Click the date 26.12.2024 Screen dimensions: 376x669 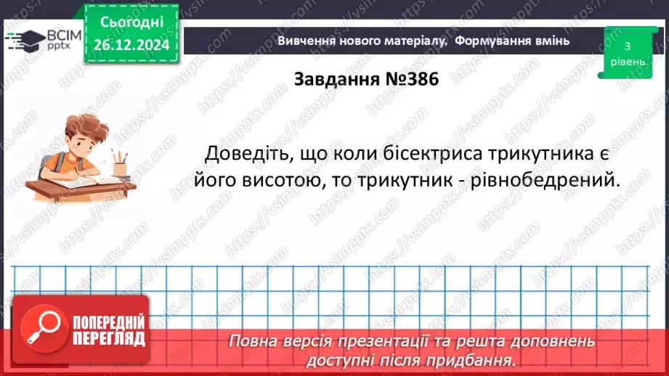click(x=131, y=45)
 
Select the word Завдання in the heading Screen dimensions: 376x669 click(x=336, y=80)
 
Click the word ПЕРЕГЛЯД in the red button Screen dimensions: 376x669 click(x=108, y=338)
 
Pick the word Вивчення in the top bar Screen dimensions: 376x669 click(x=306, y=41)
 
